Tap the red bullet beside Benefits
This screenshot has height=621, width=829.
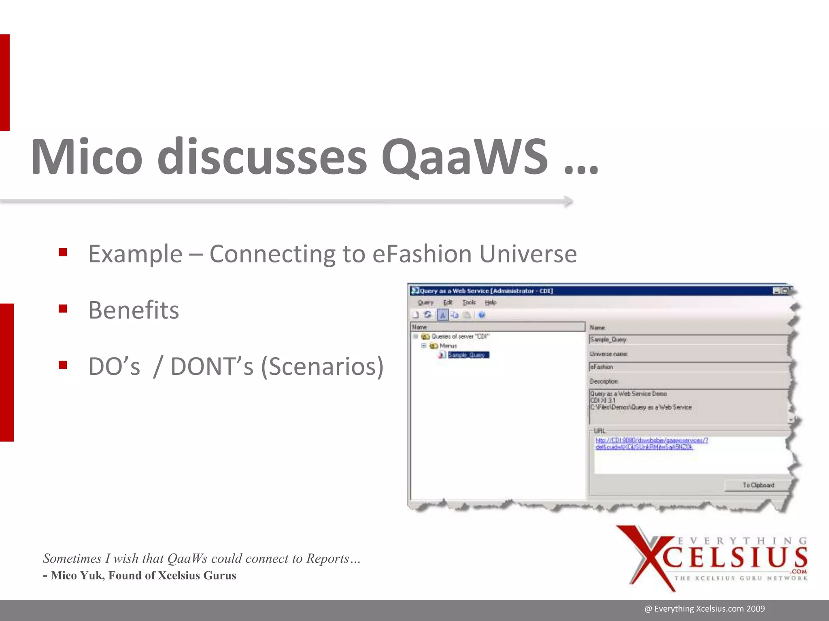point(63,309)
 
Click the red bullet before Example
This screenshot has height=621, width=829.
point(63,253)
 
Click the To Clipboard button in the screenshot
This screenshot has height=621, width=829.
point(758,485)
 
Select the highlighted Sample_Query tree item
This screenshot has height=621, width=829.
point(468,355)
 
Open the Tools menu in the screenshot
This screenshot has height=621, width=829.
point(469,302)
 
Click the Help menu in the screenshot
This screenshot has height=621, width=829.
point(491,302)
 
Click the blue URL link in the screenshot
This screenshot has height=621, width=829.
point(651,444)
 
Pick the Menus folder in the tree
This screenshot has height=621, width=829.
point(448,346)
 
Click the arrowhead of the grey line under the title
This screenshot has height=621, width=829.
point(568,201)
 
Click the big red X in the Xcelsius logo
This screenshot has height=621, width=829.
point(648,558)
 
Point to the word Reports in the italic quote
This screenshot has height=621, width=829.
point(327,558)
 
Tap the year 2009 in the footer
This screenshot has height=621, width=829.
point(755,609)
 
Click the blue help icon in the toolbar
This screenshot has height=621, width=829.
point(481,315)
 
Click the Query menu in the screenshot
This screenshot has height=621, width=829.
point(425,302)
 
